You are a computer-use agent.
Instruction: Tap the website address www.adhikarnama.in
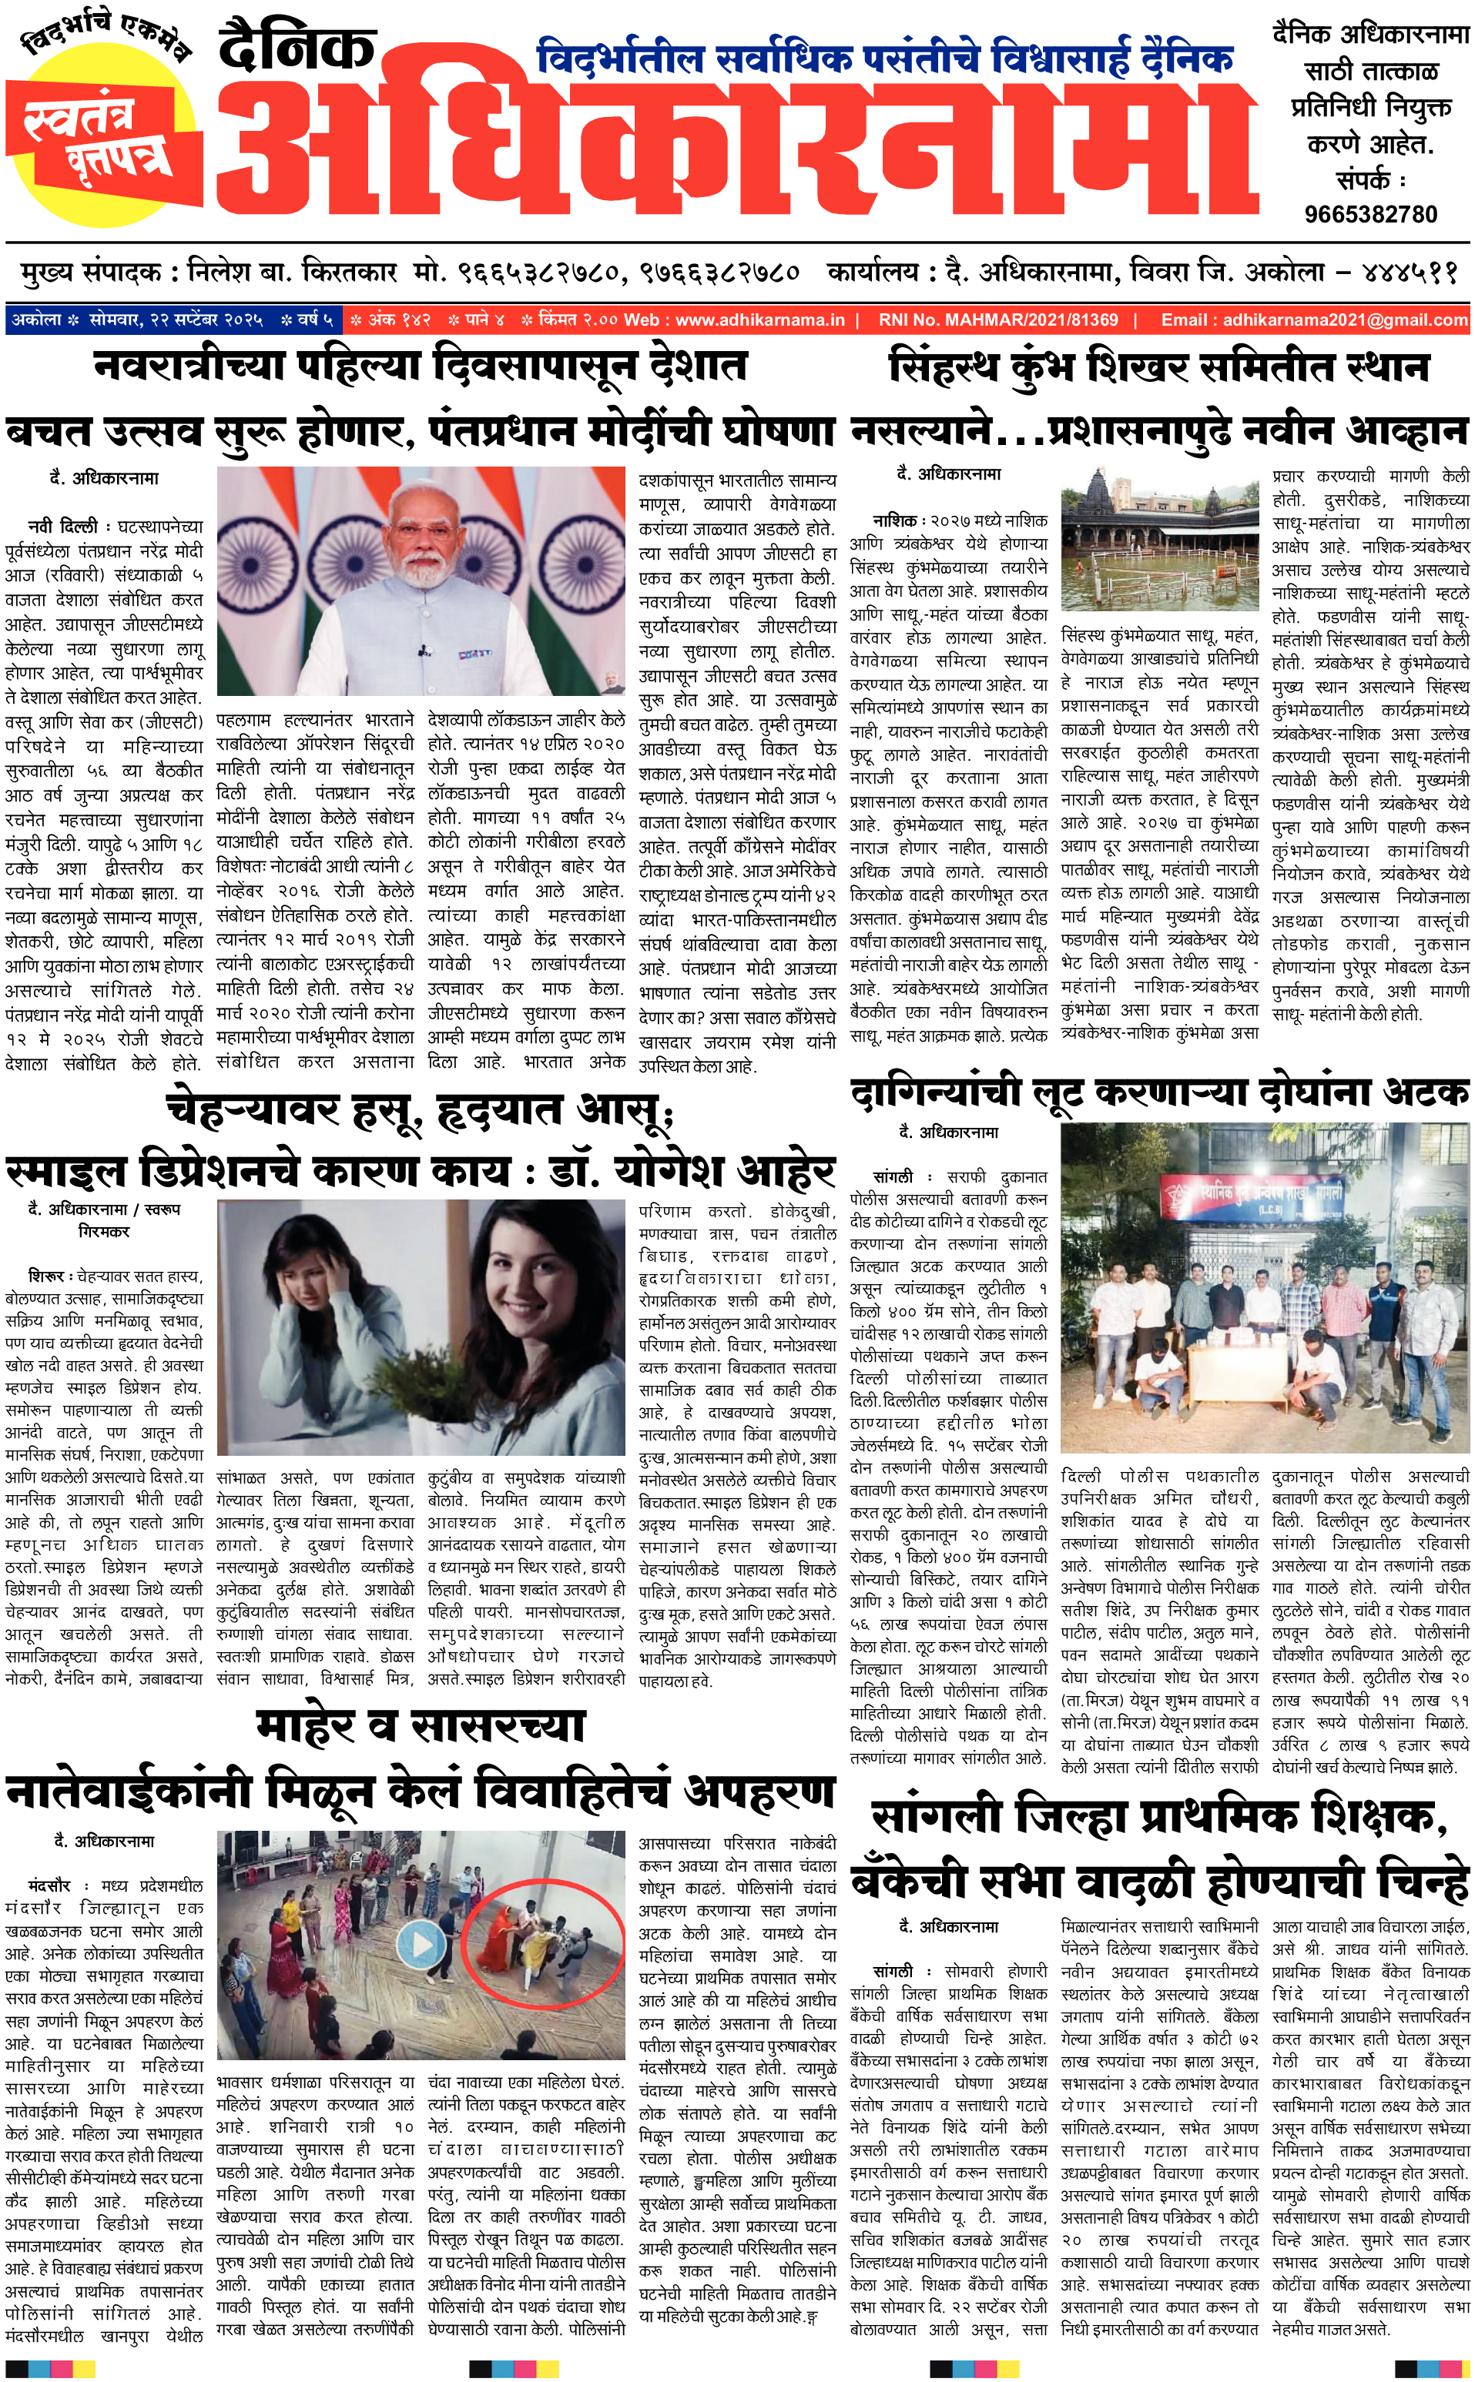[x=760, y=319]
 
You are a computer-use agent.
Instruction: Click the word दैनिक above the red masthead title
[x=297, y=49]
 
